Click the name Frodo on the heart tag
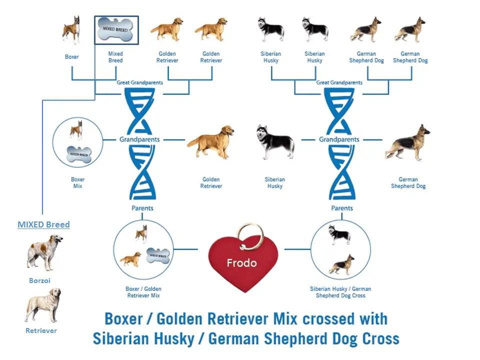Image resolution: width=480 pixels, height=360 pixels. pyautogui.click(x=241, y=263)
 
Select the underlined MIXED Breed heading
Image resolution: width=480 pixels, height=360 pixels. pyautogui.click(x=43, y=224)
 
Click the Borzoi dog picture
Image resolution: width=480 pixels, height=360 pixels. pyautogui.click(x=44, y=252)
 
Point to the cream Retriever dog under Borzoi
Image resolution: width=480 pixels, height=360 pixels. pyautogui.click(x=43, y=304)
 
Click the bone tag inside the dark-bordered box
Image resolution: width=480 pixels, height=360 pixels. pyautogui.click(x=116, y=29)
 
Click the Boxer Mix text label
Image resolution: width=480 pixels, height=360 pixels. pyautogui.click(x=77, y=182)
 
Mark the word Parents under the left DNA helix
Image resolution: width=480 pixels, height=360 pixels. pyautogui.click(x=142, y=208)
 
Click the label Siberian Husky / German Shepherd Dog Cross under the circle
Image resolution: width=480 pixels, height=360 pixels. pyautogui.click(x=340, y=292)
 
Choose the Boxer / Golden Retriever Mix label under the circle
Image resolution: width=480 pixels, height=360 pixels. pyautogui.click(x=143, y=292)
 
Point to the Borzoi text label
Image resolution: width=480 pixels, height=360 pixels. pyautogui.click(x=39, y=280)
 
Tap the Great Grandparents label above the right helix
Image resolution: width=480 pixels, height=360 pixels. pyautogui.click(x=339, y=82)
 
